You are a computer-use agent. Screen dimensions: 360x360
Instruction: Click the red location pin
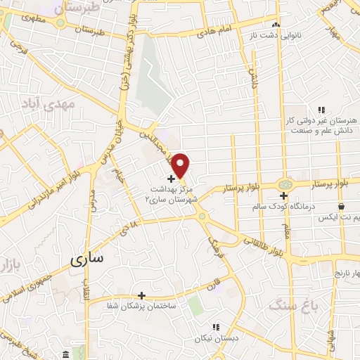(181, 166)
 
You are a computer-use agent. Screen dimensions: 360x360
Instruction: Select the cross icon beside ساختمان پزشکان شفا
(142, 295)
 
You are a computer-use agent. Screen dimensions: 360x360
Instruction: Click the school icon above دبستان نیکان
(216, 327)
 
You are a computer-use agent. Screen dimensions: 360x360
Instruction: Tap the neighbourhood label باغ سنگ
(292, 306)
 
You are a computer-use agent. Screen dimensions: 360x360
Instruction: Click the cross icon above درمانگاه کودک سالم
(282, 195)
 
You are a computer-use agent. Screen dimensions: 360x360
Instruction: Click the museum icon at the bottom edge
(65, 353)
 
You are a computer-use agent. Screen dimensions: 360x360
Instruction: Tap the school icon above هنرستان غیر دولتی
(321, 110)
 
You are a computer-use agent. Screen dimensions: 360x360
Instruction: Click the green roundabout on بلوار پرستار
(285, 183)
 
